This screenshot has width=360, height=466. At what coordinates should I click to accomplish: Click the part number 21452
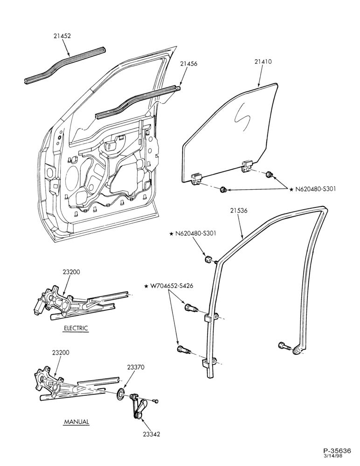[x=62, y=36]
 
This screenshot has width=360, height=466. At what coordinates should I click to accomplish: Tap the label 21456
[x=188, y=63]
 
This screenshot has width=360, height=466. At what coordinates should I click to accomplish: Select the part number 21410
[x=263, y=62]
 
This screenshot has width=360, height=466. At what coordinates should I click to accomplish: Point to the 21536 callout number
[x=239, y=211]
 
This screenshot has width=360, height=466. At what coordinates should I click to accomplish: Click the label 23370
[x=136, y=367]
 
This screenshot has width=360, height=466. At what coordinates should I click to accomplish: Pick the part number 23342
[x=152, y=434]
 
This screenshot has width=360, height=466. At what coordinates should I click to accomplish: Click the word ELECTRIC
[x=76, y=328]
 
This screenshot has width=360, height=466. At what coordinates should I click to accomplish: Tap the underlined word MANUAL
[x=76, y=421]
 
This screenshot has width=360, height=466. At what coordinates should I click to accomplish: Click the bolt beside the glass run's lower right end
[x=284, y=346]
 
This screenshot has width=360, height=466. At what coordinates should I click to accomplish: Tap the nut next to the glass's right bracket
[x=270, y=174]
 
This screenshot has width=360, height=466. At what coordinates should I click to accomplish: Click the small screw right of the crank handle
[x=156, y=401]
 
